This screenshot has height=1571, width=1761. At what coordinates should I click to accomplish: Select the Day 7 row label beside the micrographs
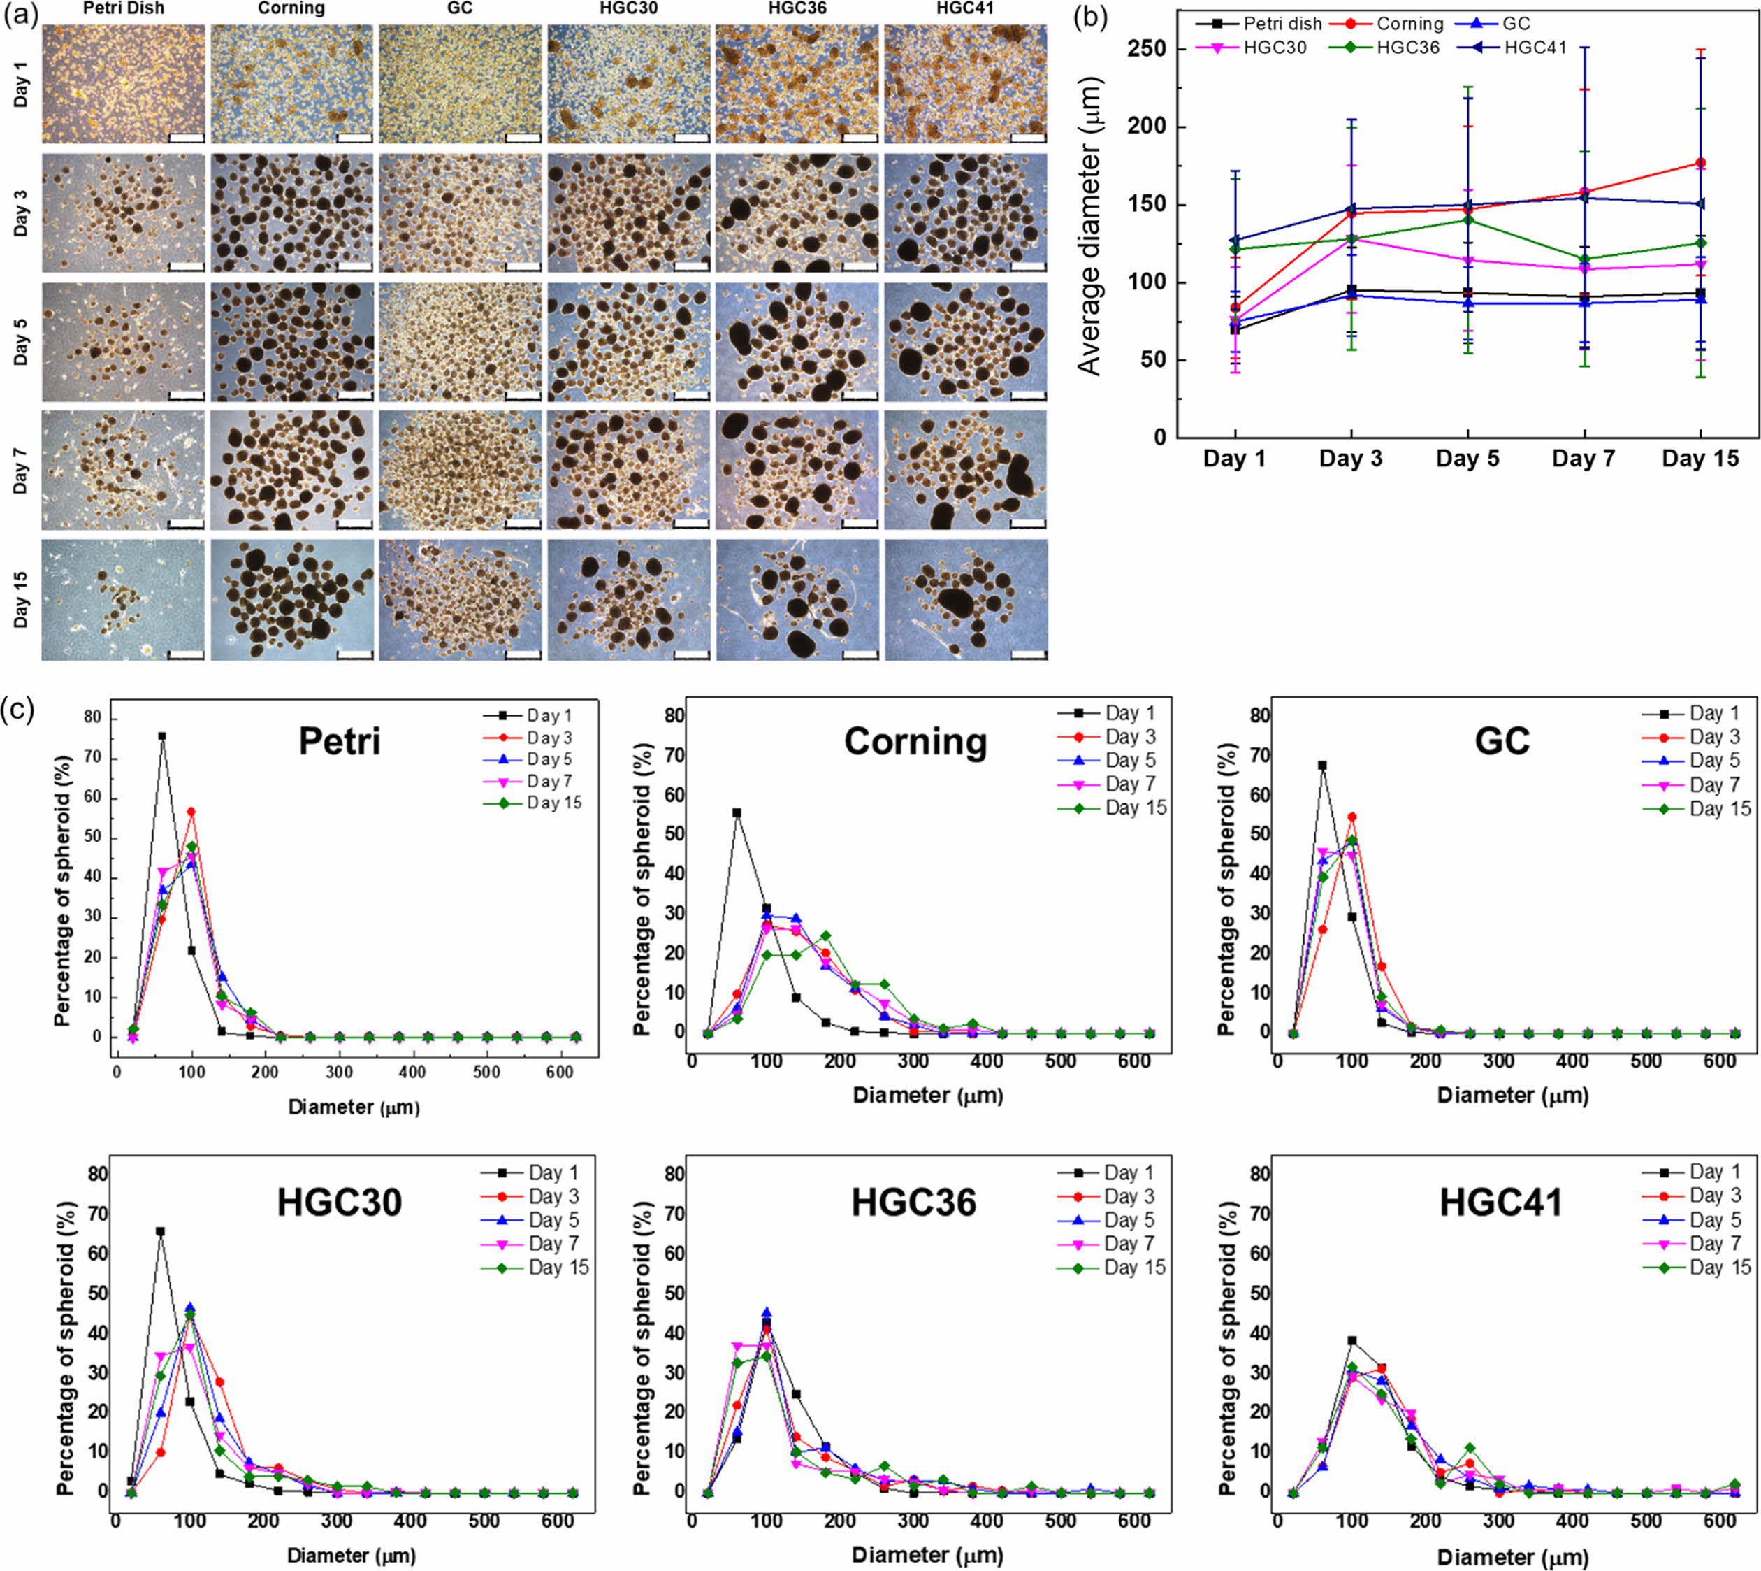coord(21,471)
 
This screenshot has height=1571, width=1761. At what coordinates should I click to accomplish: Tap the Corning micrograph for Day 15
coord(291,600)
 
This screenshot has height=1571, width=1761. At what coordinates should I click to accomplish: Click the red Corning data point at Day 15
coord(1701,163)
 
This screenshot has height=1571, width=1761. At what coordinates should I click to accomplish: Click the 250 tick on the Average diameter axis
coord(1147,49)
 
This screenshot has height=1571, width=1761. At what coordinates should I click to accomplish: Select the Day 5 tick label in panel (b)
coord(1467,459)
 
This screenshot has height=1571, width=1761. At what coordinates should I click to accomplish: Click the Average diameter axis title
coord(1089,226)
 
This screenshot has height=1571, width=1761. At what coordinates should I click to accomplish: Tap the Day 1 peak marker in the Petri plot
coord(162,736)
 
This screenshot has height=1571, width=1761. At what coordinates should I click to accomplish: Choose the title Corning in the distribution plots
coord(915,742)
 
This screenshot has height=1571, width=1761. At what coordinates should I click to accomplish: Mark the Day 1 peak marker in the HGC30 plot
coord(161,1232)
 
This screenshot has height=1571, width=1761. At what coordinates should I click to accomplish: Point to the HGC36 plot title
coord(914,1203)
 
